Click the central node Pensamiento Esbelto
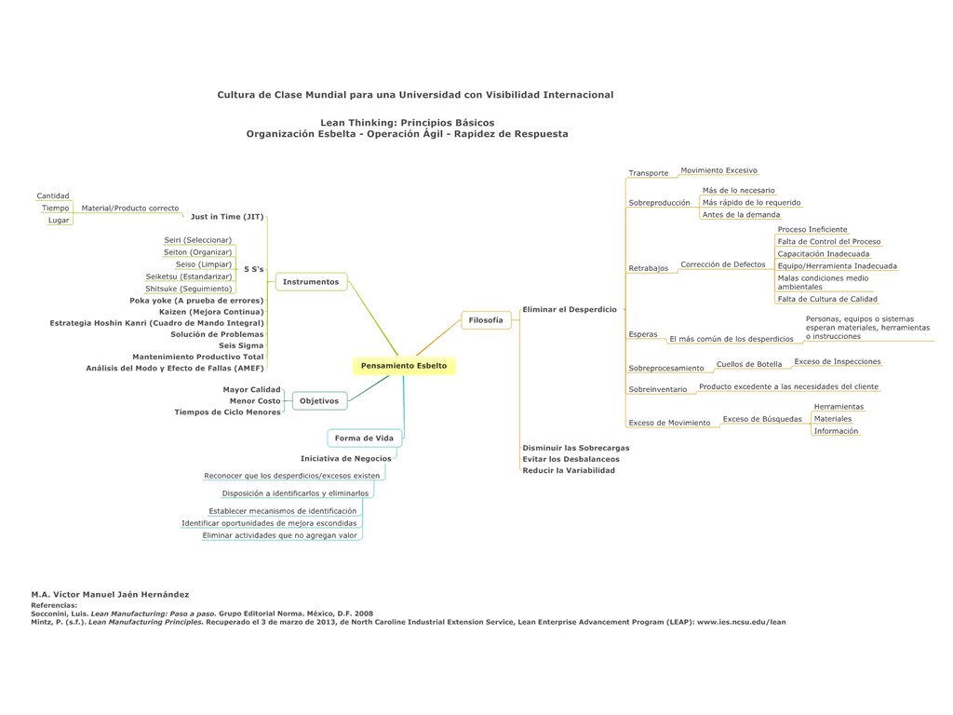click(404, 366)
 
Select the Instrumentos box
click(311, 282)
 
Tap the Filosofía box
click(486, 320)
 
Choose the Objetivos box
click(319, 401)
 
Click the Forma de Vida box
click(364, 438)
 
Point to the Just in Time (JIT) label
click(227, 217)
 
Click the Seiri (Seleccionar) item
click(197, 240)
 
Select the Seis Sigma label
click(241, 345)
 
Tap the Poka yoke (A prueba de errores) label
click(196, 301)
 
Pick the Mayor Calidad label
click(251, 389)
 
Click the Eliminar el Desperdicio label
click(570, 309)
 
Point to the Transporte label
click(649, 173)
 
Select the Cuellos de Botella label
click(749, 364)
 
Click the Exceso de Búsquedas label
click(762, 419)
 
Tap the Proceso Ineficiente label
click(812, 229)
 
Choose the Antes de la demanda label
click(741, 215)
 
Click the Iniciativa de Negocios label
click(345, 459)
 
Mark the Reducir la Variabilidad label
click(569, 470)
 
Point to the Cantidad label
click(53, 196)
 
